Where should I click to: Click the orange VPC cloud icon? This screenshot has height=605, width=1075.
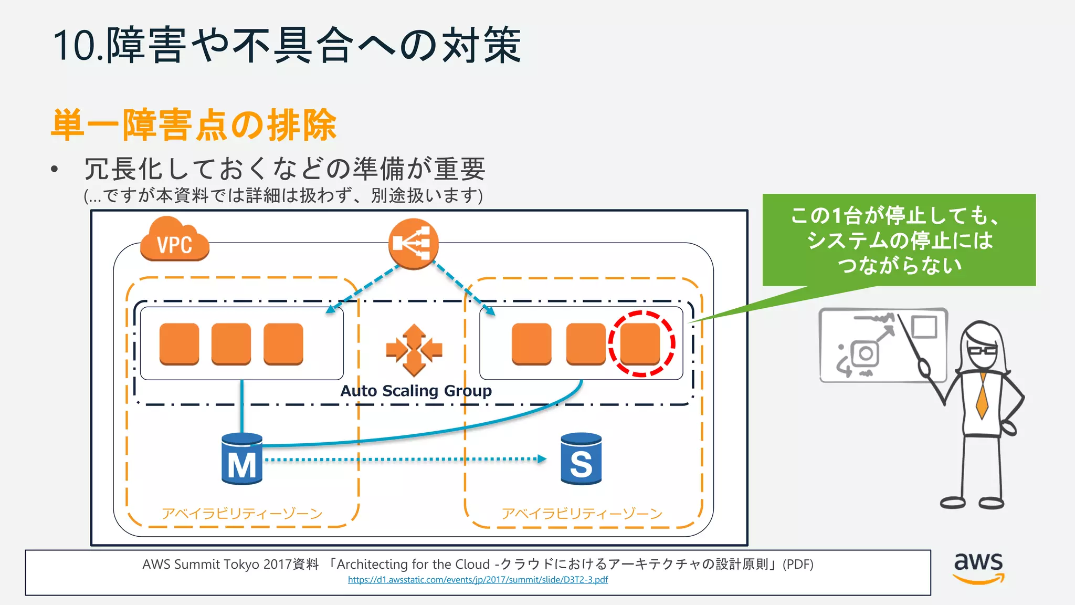[x=174, y=241]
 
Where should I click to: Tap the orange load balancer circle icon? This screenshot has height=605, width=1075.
[x=413, y=243]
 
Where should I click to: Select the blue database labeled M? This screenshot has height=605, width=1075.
[x=241, y=458]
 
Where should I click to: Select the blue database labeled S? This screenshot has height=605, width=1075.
[x=581, y=458]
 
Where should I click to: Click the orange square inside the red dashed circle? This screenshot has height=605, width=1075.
[x=640, y=343]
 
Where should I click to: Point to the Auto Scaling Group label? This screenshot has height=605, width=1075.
[x=416, y=391]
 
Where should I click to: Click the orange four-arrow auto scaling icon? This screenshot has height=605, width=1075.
[x=414, y=350]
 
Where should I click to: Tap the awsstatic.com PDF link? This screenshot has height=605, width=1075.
[x=478, y=580]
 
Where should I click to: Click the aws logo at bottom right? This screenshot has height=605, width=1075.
[x=978, y=567]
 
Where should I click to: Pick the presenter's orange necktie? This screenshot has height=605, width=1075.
[x=982, y=397]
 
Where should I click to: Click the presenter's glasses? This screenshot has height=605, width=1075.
[x=982, y=351]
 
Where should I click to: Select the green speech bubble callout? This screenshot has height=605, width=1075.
[x=899, y=240]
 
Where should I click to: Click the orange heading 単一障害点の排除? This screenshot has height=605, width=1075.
[x=194, y=125]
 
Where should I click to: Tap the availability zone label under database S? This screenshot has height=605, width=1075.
[x=582, y=513]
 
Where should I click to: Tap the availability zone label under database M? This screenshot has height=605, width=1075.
[x=241, y=513]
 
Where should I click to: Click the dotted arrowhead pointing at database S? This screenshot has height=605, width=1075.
[x=542, y=459]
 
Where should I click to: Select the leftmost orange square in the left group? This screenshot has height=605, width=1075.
[x=179, y=343]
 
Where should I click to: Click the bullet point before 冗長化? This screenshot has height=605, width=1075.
[x=54, y=169]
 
